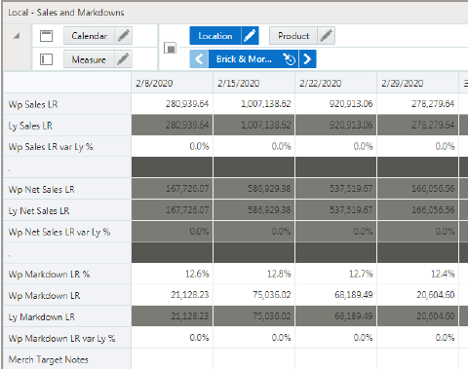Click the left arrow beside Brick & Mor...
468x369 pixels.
click(199, 58)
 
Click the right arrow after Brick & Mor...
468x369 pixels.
click(308, 58)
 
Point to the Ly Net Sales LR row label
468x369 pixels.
click(40, 210)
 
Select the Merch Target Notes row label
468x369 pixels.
click(49, 360)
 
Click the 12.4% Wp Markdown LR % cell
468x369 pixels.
click(429, 275)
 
